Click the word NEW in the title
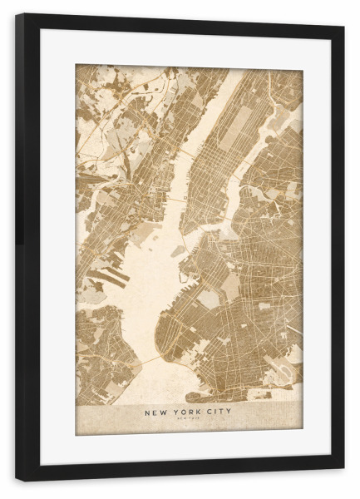[x=155, y=411]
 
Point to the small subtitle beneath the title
[x=188, y=419]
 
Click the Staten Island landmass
[x=100, y=349]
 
